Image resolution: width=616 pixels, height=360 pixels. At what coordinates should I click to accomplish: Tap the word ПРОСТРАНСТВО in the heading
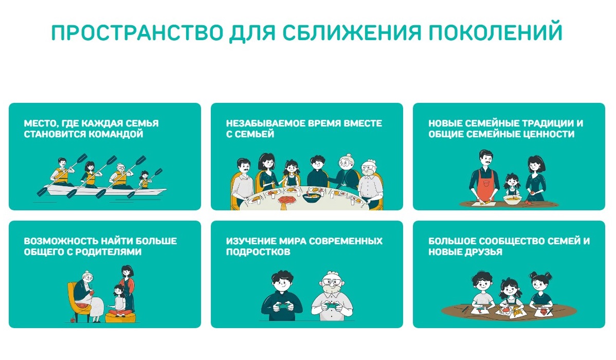point(137,32)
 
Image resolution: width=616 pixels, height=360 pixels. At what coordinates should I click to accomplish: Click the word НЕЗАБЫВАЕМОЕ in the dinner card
point(265,123)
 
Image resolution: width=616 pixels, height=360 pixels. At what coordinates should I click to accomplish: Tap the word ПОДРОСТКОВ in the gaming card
point(258,252)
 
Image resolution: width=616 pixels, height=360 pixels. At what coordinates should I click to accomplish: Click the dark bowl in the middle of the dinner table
point(312,197)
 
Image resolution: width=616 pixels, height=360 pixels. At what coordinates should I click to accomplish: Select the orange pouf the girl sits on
point(121,317)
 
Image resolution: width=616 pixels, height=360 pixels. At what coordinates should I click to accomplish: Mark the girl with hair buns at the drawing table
point(540,289)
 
